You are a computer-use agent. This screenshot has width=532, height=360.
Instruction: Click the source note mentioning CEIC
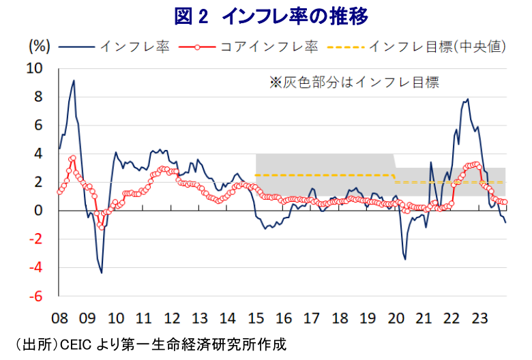coord(147,344)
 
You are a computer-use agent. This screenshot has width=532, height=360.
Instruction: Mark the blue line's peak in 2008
coord(74,80)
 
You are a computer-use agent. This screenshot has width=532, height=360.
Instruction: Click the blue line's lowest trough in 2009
coord(102,273)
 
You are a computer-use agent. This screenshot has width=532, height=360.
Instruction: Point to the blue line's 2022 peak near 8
coord(467,99)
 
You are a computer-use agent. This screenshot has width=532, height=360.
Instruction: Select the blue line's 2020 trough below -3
coord(404,260)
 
